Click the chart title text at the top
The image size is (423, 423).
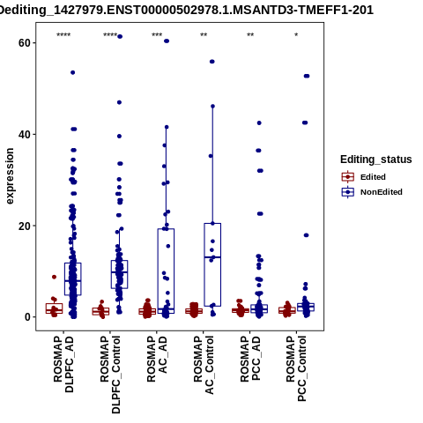(186, 10)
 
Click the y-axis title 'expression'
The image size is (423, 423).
(10, 176)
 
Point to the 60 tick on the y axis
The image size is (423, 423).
(25, 43)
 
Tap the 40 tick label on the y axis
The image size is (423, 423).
(25, 135)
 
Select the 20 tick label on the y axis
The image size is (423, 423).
(25, 226)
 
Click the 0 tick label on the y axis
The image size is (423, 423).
(27, 317)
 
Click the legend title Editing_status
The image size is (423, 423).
(376, 160)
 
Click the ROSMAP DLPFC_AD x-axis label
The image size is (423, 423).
(63, 364)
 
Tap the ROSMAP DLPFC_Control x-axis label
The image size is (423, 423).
(110, 375)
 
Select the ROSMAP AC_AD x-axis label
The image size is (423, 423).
(157, 359)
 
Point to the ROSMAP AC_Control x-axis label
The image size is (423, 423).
(204, 365)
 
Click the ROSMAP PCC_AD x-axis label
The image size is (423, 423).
(250, 359)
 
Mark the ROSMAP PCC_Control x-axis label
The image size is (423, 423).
(296, 368)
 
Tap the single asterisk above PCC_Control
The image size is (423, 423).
(296, 35)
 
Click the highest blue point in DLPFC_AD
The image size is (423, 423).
(73, 72)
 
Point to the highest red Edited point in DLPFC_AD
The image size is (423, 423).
(54, 277)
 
